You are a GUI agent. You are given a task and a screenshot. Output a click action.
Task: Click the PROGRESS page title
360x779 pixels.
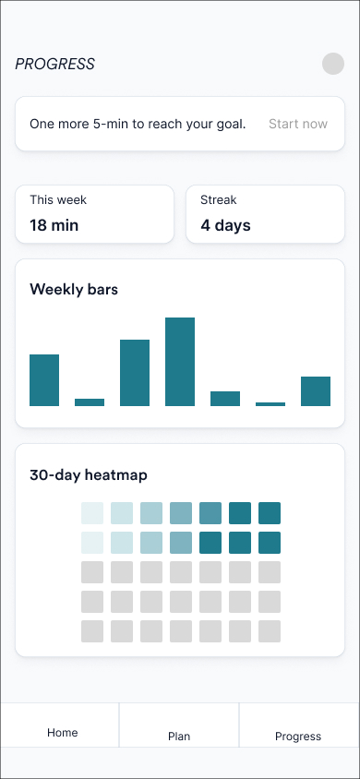(x=55, y=65)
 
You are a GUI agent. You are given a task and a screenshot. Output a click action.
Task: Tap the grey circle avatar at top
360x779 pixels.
(x=333, y=64)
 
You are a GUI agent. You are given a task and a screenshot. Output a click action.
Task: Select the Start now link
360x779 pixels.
(x=297, y=124)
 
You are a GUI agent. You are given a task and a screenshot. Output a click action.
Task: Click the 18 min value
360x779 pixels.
(x=54, y=224)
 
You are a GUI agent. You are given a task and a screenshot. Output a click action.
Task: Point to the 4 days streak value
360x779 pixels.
(x=225, y=224)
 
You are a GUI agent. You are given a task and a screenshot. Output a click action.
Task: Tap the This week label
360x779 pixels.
(x=58, y=199)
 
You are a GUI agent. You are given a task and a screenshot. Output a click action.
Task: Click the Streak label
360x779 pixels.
(x=219, y=199)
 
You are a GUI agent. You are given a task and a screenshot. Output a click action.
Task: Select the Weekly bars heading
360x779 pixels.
(x=74, y=289)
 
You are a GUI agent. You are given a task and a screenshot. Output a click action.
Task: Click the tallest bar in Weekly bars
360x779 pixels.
(x=180, y=362)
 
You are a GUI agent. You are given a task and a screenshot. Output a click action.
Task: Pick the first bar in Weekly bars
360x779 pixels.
(x=44, y=380)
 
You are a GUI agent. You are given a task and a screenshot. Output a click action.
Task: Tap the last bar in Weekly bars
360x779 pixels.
(x=316, y=391)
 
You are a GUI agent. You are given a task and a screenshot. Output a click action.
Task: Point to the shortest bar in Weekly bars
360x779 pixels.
(x=270, y=403)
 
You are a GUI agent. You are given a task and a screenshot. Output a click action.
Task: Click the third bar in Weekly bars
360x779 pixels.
(x=135, y=373)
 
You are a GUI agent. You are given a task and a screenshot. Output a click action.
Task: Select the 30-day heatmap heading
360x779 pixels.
(x=89, y=475)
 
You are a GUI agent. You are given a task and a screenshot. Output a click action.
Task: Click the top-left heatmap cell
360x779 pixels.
(x=92, y=513)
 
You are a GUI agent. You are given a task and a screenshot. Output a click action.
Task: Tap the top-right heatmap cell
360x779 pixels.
(x=270, y=513)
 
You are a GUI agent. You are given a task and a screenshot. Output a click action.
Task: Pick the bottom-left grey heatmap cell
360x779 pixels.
(x=92, y=631)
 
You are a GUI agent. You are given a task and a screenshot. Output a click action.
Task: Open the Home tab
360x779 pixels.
(x=63, y=733)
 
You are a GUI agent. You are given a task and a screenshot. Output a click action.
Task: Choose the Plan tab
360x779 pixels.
(x=179, y=737)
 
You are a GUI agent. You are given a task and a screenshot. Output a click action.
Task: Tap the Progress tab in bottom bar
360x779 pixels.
(x=298, y=737)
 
